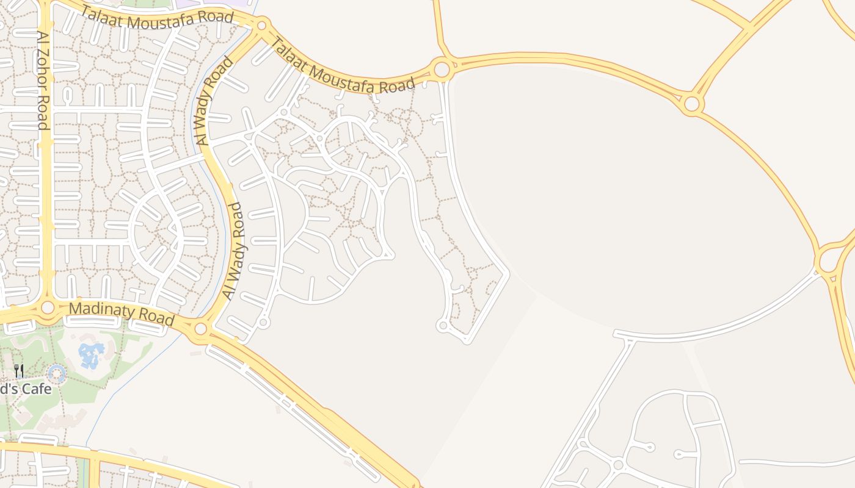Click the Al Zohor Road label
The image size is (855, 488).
pyautogui.click(x=42, y=81)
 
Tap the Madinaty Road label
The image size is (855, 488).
pyautogui.click(x=121, y=314)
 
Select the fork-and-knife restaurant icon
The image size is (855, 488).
pyautogui.click(x=19, y=371)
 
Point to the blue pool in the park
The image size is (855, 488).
pyautogui.click(x=91, y=354)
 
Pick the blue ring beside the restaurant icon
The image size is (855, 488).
pyautogui.click(x=57, y=373)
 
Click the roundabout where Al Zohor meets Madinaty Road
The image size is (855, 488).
pyautogui.click(x=48, y=307)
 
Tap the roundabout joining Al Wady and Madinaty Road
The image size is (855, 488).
pyautogui.click(x=201, y=329)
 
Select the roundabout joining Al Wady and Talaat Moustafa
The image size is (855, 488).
pyautogui.click(x=262, y=25)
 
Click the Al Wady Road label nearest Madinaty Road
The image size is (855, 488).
pyautogui.click(x=232, y=250)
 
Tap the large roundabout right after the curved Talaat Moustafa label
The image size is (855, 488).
pyautogui.click(x=442, y=68)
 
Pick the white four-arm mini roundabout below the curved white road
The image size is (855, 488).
pyautogui.click(x=617, y=465)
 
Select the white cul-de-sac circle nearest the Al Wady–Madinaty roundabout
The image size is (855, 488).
pyautogui.click(x=264, y=321)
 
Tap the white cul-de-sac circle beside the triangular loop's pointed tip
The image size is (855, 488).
pyautogui.click(x=443, y=326)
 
